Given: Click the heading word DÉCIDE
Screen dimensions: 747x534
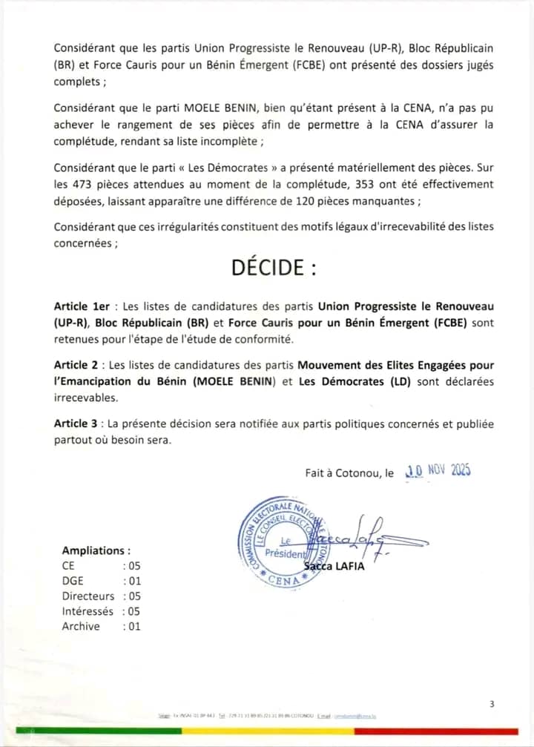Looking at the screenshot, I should pyautogui.click(x=274, y=268).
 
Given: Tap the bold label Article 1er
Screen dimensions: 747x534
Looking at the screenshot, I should pyautogui.click(x=82, y=306).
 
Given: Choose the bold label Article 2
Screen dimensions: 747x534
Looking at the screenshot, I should pyautogui.click(x=76, y=366).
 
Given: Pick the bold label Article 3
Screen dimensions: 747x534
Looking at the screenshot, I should pyautogui.click(x=76, y=424).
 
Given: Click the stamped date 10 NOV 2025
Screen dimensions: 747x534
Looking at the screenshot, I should pyautogui.click(x=438, y=470).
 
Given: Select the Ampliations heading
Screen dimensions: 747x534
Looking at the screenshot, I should pyautogui.click(x=96, y=550).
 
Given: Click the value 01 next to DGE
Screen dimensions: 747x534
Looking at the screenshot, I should pyautogui.click(x=133, y=581).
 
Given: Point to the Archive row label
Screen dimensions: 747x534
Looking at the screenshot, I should pyautogui.click(x=81, y=626).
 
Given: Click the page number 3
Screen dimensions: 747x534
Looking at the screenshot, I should pyautogui.click(x=492, y=704).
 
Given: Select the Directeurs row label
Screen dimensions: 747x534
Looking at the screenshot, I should pyautogui.click(x=88, y=596).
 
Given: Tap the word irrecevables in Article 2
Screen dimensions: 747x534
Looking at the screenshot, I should pyautogui.click(x=85, y=398).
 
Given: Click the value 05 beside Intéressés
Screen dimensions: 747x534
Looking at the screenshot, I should pyautogui.click(x=133, y=611).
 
